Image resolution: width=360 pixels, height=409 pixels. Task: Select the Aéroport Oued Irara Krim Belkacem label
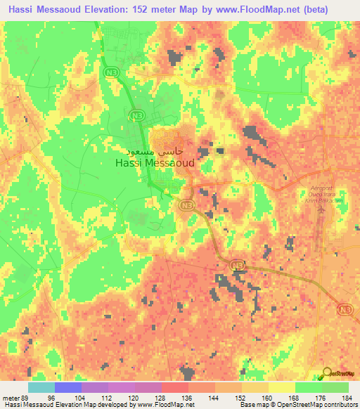[325, 193]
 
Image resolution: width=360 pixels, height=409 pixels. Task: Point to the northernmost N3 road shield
[110, 72]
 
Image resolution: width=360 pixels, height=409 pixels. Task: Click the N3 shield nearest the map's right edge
[344, 309]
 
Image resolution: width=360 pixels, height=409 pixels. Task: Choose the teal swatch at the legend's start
[41, 387]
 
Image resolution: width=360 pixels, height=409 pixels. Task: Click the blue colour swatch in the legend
[68, 387]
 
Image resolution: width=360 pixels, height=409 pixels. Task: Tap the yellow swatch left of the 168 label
[282, 387]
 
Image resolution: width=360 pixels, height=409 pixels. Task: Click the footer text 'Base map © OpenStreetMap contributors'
[298, 405]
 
